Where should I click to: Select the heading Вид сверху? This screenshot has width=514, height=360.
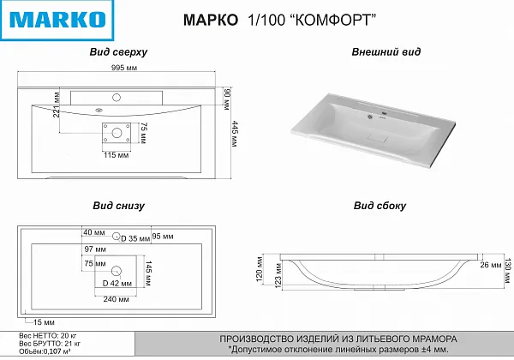(x=119, y=52)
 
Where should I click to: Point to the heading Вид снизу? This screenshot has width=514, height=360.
(x=119, y=206)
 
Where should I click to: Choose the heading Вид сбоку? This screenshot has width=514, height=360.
(x=380, y=206)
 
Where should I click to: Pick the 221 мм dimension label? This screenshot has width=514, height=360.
(x=56, y=107)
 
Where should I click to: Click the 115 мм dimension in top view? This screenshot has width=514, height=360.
(x=116, y=155)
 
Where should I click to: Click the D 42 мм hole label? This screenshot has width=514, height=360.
(x=117, y=282)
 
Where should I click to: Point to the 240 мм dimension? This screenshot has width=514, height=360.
(x=117, y=300)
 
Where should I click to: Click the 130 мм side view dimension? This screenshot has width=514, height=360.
(x=506, y=265)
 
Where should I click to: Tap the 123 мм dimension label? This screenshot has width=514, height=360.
(x=276, y=282)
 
